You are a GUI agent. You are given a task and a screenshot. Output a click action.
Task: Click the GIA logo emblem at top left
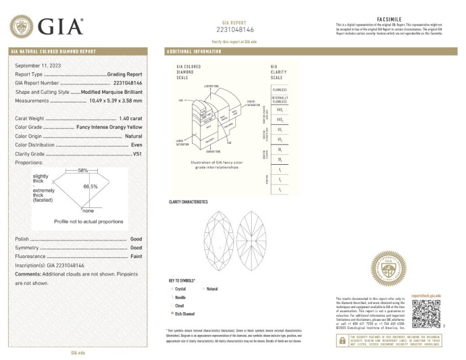click(x=22, y=26)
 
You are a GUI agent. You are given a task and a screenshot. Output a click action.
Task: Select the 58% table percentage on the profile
click(x=83, y=170)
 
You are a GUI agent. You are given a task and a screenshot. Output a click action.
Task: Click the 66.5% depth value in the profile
click(x=90, y=186)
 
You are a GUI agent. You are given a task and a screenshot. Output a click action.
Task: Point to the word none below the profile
click(x=89, y=210)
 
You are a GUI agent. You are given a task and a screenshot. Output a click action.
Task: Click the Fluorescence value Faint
click(x=136, y=256)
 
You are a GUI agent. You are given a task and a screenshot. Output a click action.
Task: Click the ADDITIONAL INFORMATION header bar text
click(x=193, y=52)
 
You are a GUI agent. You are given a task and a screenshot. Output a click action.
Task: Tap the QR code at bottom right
click(x=427, y=315)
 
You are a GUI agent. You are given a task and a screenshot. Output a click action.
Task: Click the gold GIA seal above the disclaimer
click(x=389, y=269)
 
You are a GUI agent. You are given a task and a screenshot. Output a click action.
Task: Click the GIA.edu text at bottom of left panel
click(x=78, y=352)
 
